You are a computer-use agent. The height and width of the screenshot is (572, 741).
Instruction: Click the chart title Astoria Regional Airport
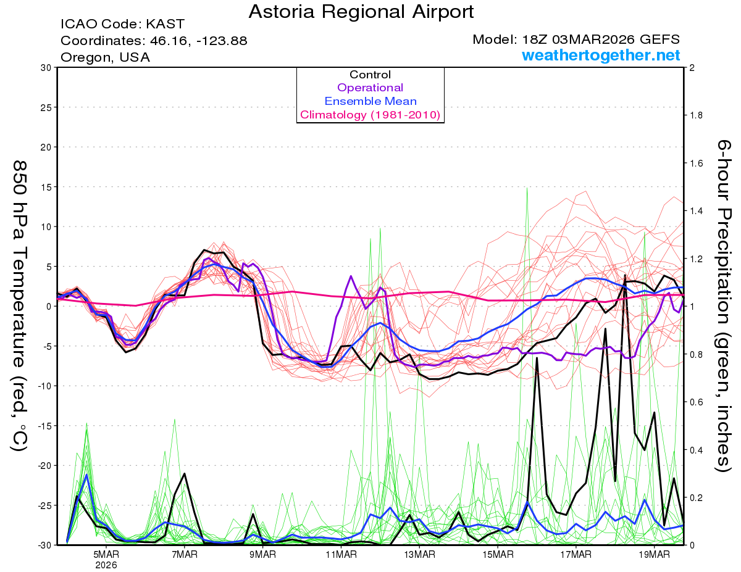point(361,11)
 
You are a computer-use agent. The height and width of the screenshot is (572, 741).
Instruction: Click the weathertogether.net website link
point(601,56)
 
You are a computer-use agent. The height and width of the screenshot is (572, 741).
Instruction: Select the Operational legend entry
point(371,88)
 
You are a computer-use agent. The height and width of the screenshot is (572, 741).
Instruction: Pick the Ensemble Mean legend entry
point(371,101)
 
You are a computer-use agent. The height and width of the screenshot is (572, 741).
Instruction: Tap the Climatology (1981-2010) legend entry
point(371,115)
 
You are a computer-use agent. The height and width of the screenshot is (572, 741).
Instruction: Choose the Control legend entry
point(371,75)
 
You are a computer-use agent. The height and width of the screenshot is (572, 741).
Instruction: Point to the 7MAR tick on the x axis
point(184,553)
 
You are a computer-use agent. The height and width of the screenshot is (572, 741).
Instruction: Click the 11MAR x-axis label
point(341,553)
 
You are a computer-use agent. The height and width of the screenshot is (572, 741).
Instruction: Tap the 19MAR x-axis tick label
point(654,553)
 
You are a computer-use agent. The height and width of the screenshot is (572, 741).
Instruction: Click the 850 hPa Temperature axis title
point(19,305)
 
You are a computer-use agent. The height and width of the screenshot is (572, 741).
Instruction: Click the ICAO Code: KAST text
point(122,25)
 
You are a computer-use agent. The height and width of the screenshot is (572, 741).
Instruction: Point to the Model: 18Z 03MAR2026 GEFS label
point(576,39)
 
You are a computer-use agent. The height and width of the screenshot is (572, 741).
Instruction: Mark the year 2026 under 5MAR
point(106,565)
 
